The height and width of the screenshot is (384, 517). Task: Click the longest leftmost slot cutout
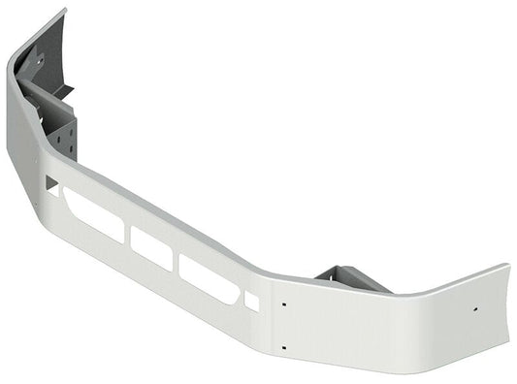(92, 214)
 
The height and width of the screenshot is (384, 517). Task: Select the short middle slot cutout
(151, 247)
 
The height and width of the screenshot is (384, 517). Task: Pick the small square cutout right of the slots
(251, 302)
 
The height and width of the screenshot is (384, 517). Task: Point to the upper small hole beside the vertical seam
(283, 304)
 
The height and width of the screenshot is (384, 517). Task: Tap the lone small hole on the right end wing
(474, 309)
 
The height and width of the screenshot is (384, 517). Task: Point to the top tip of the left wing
(64, 11)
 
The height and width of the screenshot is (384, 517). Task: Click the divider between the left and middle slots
(128, 234)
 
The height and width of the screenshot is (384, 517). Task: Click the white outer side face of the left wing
(23, 126)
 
